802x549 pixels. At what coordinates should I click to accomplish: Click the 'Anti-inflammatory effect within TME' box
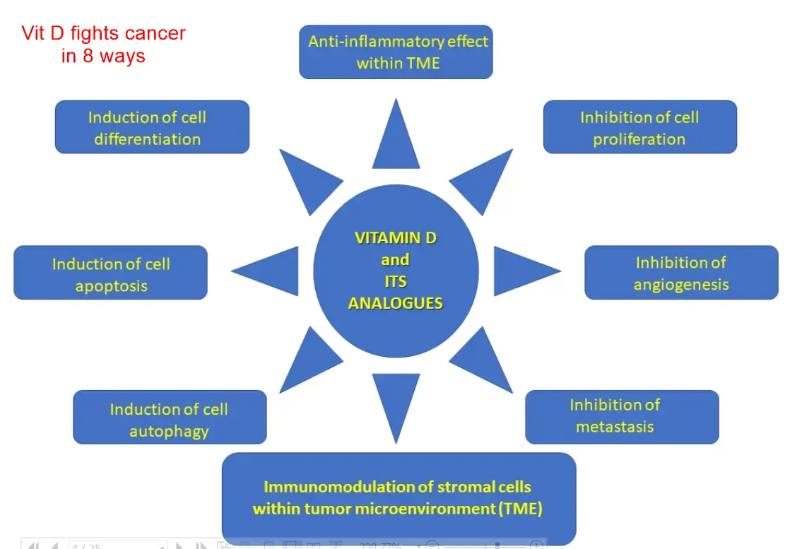pyautogui.click(x=396, y=52)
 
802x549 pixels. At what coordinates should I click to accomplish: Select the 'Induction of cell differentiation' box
pyautogui.click(x=152, y=127)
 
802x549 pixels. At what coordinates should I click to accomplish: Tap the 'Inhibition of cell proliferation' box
pyautogui.click(x=639, y=127)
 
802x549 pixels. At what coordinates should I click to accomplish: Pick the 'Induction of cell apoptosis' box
pyautogui.click(x=110, y=273)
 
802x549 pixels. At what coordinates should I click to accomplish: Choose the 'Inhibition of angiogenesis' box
pyautogui.click(x=681, y=273)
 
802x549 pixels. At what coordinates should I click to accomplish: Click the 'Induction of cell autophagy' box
pyautogui.click(x=170, y=418)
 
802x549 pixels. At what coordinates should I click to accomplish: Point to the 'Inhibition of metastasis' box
pyautogui.click(x=622, y=417)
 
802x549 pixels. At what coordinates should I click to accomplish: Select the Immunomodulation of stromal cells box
pyautogui.click(x=399, y=498)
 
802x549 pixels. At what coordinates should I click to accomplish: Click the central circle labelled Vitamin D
pyautogui.click(x=396, y=271)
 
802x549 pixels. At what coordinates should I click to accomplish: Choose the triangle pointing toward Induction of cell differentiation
pyautogui.click(x=305, y=179)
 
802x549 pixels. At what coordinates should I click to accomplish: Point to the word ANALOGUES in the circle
pyautogui.click(x=396, y=303)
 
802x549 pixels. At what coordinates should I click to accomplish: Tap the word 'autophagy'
pyautogui.click(x=170, y=430)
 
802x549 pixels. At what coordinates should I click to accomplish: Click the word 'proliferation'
pyautogui.click(x=639, y=139)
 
